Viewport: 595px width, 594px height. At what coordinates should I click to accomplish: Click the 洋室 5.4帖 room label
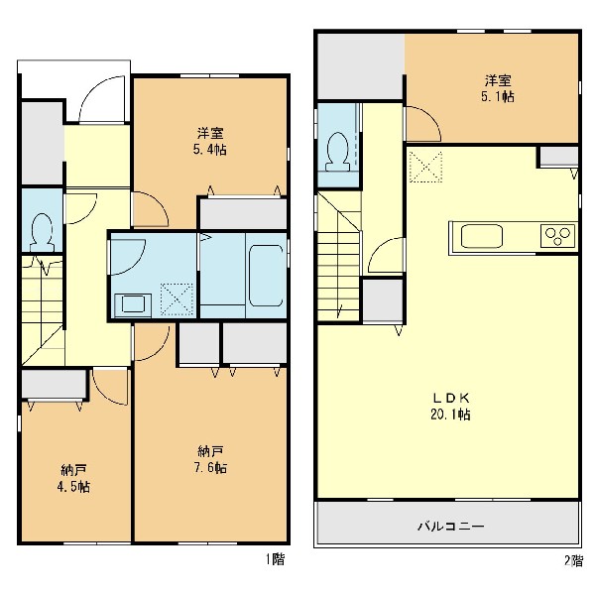pyautogui.click(x=210, y=141)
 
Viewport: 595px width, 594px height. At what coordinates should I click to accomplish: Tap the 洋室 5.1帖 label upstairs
pyautogui.click(x=498, y=88)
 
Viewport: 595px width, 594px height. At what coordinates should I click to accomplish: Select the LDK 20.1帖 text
pyautogui.click(x=451, y=407)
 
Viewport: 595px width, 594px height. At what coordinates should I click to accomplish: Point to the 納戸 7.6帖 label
pyautogui.click(x=210, y=460)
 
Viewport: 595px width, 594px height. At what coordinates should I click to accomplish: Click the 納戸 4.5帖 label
pyautogui.click(x=73, y=478)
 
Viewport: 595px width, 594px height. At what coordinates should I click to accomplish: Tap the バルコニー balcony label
pyautogui.click(x=451, y=526)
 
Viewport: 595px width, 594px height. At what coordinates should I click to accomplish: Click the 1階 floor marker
pyautogui.click(x=275, y=559)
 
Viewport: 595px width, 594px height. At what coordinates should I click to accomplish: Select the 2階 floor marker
pyautogui.click(x=573, y=560)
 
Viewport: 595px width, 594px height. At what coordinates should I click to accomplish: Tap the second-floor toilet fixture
pyautogui.click(x=337, y=151)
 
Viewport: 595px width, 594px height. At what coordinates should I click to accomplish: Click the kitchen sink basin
pyautogui.click(x=482, y=236)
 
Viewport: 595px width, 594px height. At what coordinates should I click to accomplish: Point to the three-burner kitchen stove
pyautogui.click(x=557, y=236)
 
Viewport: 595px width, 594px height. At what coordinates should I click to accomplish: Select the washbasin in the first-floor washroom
pyautogui.click(x=133, y=304)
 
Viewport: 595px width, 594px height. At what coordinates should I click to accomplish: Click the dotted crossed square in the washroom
pyautogui.click(x=177, y=299)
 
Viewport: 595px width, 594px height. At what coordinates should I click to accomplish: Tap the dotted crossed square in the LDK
pyautogui.click(x=425, y=167)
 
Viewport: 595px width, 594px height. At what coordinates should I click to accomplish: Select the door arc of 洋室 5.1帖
pyautogui.click(x=430, y=116)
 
